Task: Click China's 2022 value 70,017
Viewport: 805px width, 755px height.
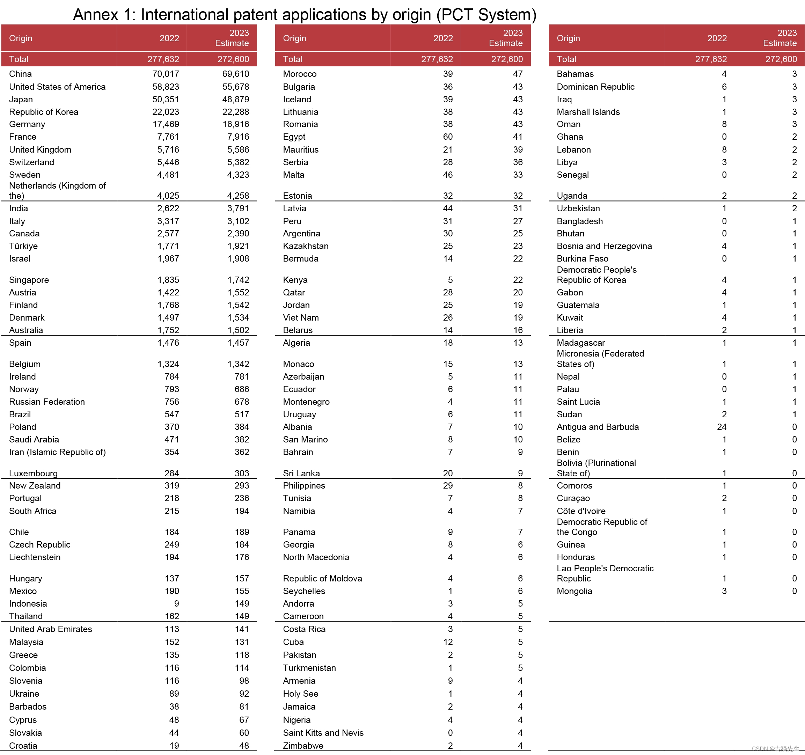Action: coord(166,74)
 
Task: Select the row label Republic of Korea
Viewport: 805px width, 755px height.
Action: coord(44,112)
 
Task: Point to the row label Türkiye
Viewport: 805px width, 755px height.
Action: coord(23,246)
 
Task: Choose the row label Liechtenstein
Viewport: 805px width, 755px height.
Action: coord(35,557)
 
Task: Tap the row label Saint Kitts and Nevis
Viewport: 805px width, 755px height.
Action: coord(323,733)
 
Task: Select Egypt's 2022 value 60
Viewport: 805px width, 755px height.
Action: coord(447,137)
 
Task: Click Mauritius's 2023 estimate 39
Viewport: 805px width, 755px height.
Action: coord(518,150)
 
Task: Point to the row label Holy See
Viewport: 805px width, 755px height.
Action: coord(300,694)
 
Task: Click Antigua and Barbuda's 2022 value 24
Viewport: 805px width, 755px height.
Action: coord(721,427)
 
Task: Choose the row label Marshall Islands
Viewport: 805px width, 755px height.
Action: coord(588,112)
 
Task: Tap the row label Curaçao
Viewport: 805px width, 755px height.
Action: coord(573,498)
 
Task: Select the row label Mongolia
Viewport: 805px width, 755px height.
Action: coord(574,591)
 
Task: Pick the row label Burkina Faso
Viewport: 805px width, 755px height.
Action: coord(582,259)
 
